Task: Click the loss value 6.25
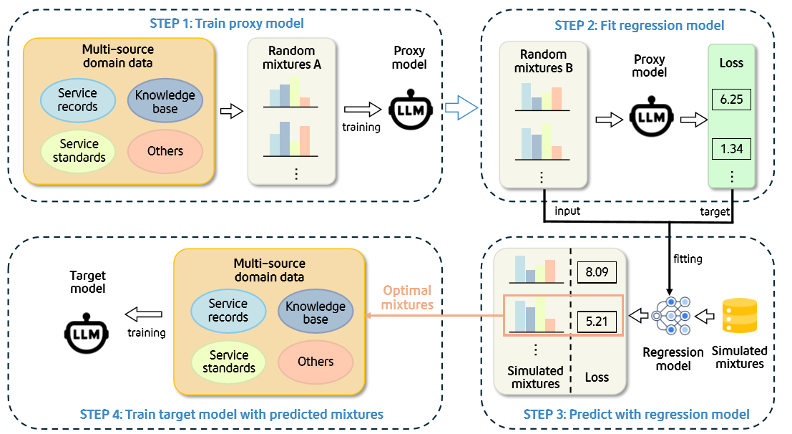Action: point(730,100)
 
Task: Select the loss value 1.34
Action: point(730,149)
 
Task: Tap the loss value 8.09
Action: point(596,272)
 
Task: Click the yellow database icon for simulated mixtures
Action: point(740,316)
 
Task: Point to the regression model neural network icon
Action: point(672,315)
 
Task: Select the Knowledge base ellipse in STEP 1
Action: point(165,102)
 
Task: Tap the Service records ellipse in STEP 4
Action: point(228,311)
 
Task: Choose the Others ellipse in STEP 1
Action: point(165,151)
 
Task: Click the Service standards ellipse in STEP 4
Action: point(228,362)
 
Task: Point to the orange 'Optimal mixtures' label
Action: point(407,297)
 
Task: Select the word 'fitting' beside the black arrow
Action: point(688,259)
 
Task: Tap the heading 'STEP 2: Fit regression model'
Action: point(639,26)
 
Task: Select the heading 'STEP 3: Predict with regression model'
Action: point(636,414)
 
